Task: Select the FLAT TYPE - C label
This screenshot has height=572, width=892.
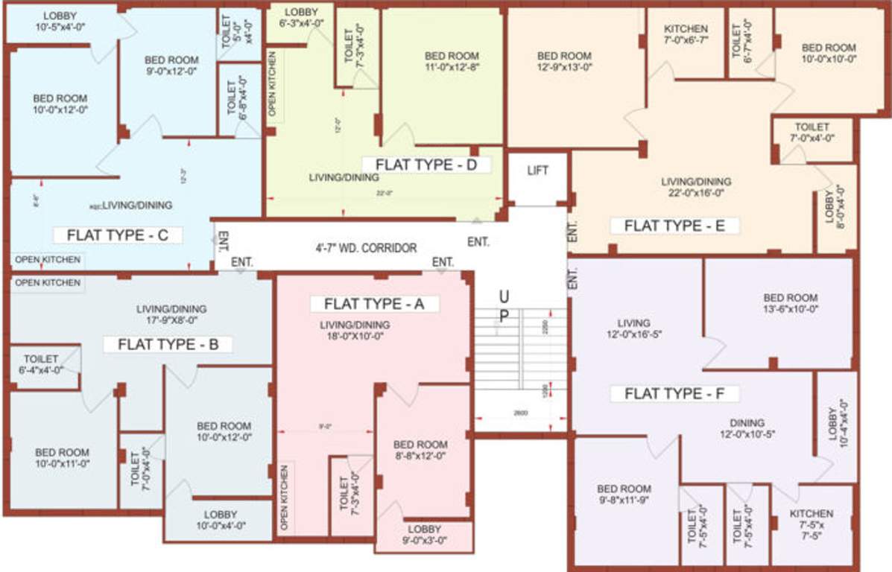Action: [x=118, y=235]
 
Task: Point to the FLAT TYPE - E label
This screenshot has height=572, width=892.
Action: [x=674, y=226]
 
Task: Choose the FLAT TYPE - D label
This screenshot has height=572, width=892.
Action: [x=426, y=165]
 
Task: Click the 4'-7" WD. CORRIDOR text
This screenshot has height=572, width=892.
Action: [x=366, y=248]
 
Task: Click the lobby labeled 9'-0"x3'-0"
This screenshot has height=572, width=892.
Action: [x=425, y=535]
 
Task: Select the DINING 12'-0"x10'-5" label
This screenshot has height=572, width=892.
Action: [x=747, y=428]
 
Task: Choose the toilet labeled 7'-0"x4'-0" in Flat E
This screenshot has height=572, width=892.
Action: [x=812, y=133]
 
